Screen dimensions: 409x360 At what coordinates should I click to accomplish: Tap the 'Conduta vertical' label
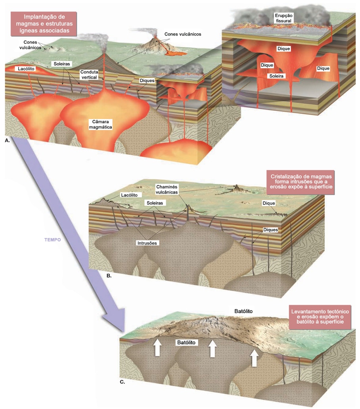(x=89, y=75)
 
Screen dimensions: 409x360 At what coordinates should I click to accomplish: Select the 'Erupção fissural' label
(x=283, y=18)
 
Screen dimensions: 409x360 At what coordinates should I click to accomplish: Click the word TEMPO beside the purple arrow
(x=52, y=239)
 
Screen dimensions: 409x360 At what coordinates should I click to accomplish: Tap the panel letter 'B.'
(x=109, y=275)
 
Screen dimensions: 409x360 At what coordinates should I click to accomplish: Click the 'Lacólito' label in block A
(x=25, y=68)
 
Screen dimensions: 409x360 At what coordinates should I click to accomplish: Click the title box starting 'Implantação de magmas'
(x=44, y=23)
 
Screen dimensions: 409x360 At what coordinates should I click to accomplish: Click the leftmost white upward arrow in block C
(x=157, y=348)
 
